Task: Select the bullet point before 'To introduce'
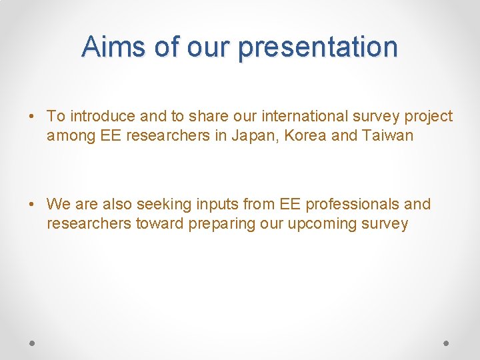point(33,116)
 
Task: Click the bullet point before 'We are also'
point(33,204)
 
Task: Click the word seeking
point(162,205)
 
